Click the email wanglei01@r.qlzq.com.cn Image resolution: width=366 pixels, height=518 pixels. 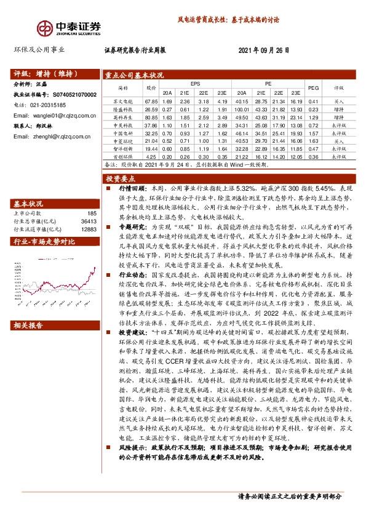click(x=54, y=115)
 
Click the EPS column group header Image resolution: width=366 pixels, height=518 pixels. click(x=194, y=82)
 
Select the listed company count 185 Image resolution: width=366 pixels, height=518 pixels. click(x=92, y=213)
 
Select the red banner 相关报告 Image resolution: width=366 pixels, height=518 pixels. click(x=28, y=324)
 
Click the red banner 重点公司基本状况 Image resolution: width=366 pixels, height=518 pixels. click(x=133, y=74)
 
